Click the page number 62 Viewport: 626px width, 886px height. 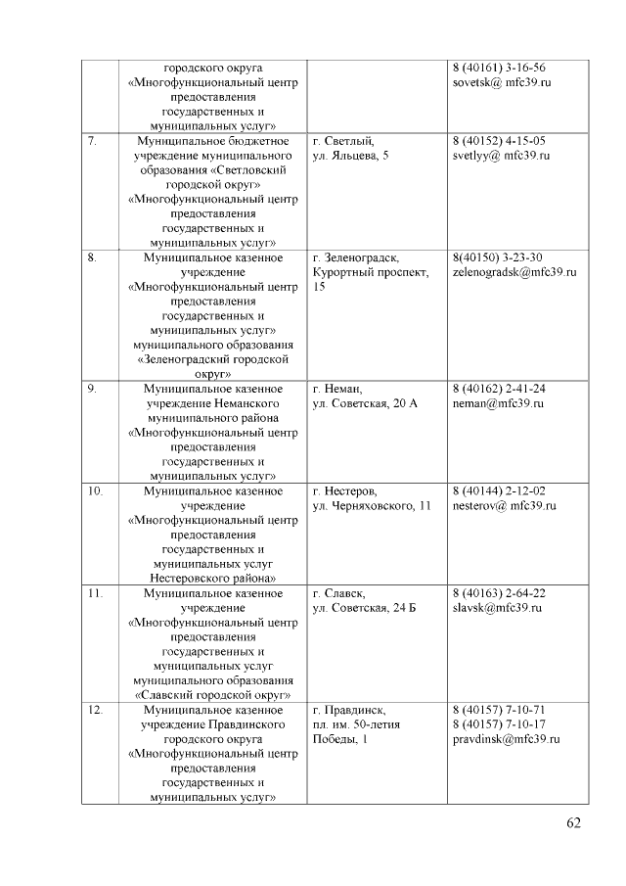[573, 822]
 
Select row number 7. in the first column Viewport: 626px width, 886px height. [91, 141]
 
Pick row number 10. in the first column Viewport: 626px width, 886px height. [95, 490]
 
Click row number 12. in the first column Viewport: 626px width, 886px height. [95, 709]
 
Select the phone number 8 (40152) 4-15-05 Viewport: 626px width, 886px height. [499, 141]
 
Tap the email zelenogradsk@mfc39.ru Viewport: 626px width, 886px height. [514, 272]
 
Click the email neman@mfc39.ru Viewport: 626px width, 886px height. [498, 403]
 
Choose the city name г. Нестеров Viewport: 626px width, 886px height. [345, 490]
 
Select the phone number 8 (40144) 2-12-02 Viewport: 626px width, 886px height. [499, 490]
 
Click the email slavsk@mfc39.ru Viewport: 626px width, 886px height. [497, 608]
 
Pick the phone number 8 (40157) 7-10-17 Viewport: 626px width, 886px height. [499, 723]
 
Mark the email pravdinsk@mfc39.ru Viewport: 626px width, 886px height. [506, 738]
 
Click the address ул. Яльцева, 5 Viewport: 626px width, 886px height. [350, 156]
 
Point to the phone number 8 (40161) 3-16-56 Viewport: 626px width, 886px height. [499, 68]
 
